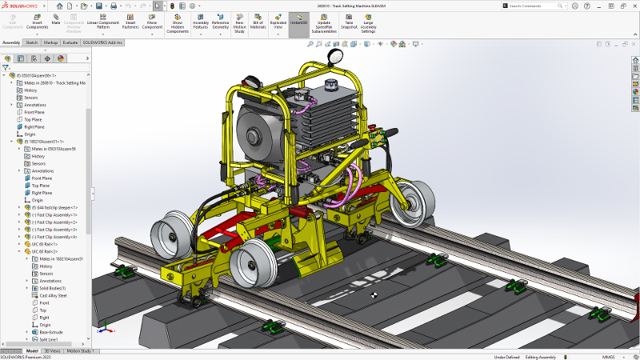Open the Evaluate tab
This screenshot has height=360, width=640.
point(70,42)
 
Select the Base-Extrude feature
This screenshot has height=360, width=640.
point(53,332)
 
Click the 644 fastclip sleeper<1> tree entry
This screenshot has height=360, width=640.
point(61,207)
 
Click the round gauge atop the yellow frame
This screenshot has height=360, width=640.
point(335,56)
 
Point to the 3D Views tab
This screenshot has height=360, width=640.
point(52,350)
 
